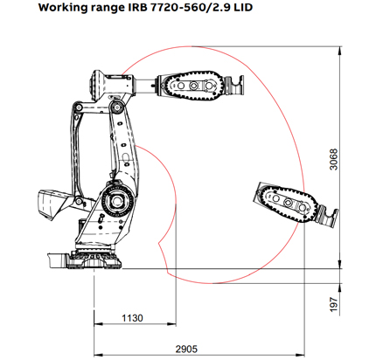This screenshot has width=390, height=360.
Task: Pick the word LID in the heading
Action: click(x=228, y=8)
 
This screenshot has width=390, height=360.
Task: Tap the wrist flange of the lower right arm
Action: click(x=325, y=213)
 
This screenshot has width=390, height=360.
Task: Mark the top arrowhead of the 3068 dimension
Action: click(x=339, y=54)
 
